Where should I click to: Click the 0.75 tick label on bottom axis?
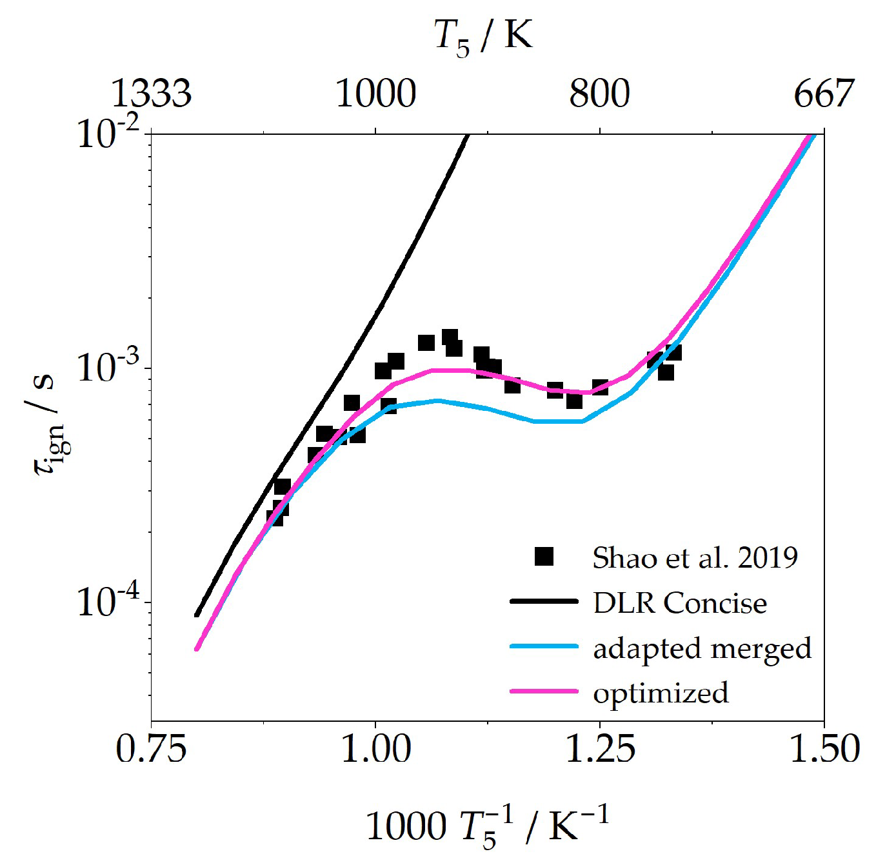152,750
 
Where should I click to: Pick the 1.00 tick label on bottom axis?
376,750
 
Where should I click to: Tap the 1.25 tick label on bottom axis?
600,750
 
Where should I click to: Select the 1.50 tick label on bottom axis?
824,750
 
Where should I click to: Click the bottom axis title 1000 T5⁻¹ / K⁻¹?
487,827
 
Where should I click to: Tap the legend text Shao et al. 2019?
695,557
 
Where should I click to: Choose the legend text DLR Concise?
680,603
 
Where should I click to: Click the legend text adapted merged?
702,648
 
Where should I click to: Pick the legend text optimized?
661,693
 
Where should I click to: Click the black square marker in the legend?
544,556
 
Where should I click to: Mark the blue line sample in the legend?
544,646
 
